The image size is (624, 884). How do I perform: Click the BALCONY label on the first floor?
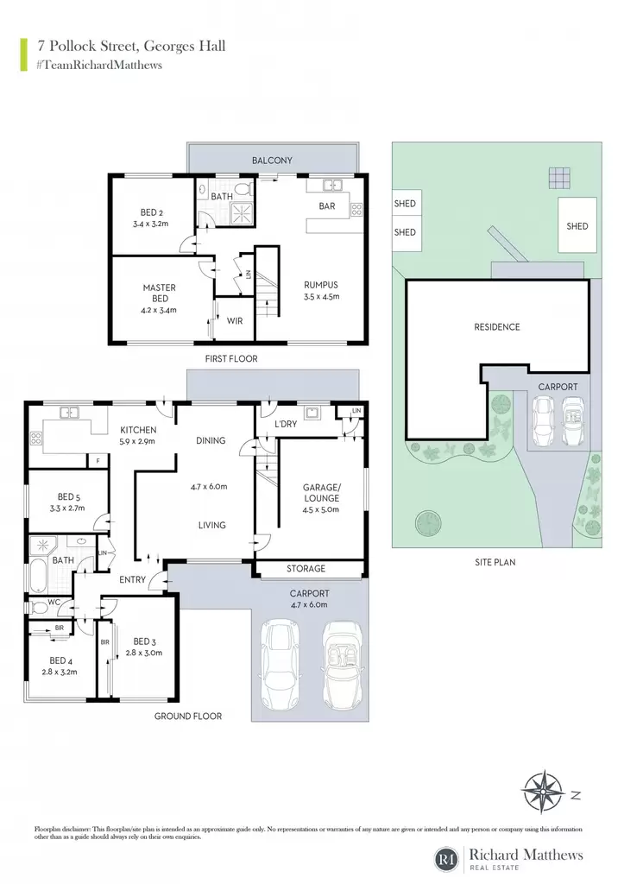click(x=272, y=161)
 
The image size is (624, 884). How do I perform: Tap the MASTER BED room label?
click(x=160, y=294)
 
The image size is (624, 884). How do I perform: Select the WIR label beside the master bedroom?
click(x=235, y=321)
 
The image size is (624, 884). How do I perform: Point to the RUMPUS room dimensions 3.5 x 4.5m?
click(x=321, y=297)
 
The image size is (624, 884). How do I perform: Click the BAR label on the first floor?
click(x=327, y=206)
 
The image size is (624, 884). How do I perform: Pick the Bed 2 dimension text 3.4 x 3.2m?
click(x=150, y=224)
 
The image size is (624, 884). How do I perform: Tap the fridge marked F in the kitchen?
click(x=98, y=461)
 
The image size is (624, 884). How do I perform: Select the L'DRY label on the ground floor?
click(x=286, y=424)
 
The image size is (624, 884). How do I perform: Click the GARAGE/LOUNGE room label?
click(x=322, y=493)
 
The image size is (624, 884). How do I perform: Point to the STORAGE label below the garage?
click(x=306, y=569)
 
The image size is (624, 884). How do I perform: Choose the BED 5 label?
click(x=69, y=496)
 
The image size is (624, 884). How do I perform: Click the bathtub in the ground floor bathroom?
click(x=38, y=575)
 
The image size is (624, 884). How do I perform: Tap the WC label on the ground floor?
click(x=54, y=602)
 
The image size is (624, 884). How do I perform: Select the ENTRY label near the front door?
click(x=132, y=579)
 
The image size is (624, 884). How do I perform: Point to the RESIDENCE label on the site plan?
click(x=496, y=327)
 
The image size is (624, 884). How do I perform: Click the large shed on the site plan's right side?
click(x=577, y=225)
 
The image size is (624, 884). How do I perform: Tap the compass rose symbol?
click(x=542, y=792)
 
